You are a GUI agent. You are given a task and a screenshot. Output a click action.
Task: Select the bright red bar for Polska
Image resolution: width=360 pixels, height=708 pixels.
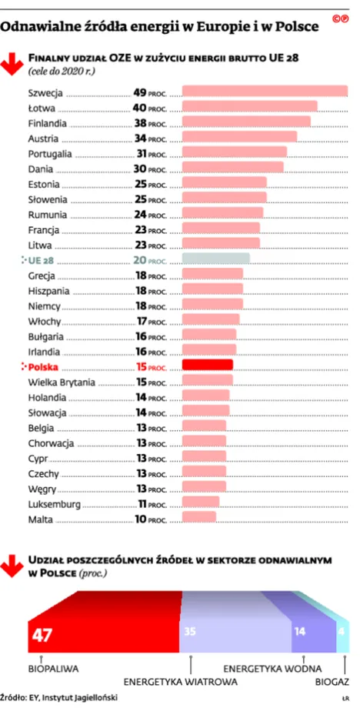coord(207,364)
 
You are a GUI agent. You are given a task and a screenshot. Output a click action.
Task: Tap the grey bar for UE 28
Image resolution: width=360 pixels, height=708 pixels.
coord(215,258)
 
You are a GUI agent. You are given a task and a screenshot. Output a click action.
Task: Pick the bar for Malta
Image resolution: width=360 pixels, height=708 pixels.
coord(198,516)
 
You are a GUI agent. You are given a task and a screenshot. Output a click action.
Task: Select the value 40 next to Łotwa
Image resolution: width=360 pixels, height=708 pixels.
coord(140,107)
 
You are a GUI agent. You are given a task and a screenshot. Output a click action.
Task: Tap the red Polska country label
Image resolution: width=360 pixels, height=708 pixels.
coord(47,366)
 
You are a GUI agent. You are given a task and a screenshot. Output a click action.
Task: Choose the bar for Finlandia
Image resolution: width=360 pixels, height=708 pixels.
coord(245,122)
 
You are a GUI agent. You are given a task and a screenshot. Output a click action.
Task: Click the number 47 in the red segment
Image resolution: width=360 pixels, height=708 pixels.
coord(41,635)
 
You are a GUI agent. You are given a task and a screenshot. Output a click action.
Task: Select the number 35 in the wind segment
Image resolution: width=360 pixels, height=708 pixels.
coord(188,631)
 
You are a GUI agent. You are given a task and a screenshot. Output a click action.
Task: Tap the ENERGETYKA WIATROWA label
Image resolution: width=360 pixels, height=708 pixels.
coord(180,681)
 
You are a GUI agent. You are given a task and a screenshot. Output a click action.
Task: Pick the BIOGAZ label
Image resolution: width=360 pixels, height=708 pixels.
coord(332,681)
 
